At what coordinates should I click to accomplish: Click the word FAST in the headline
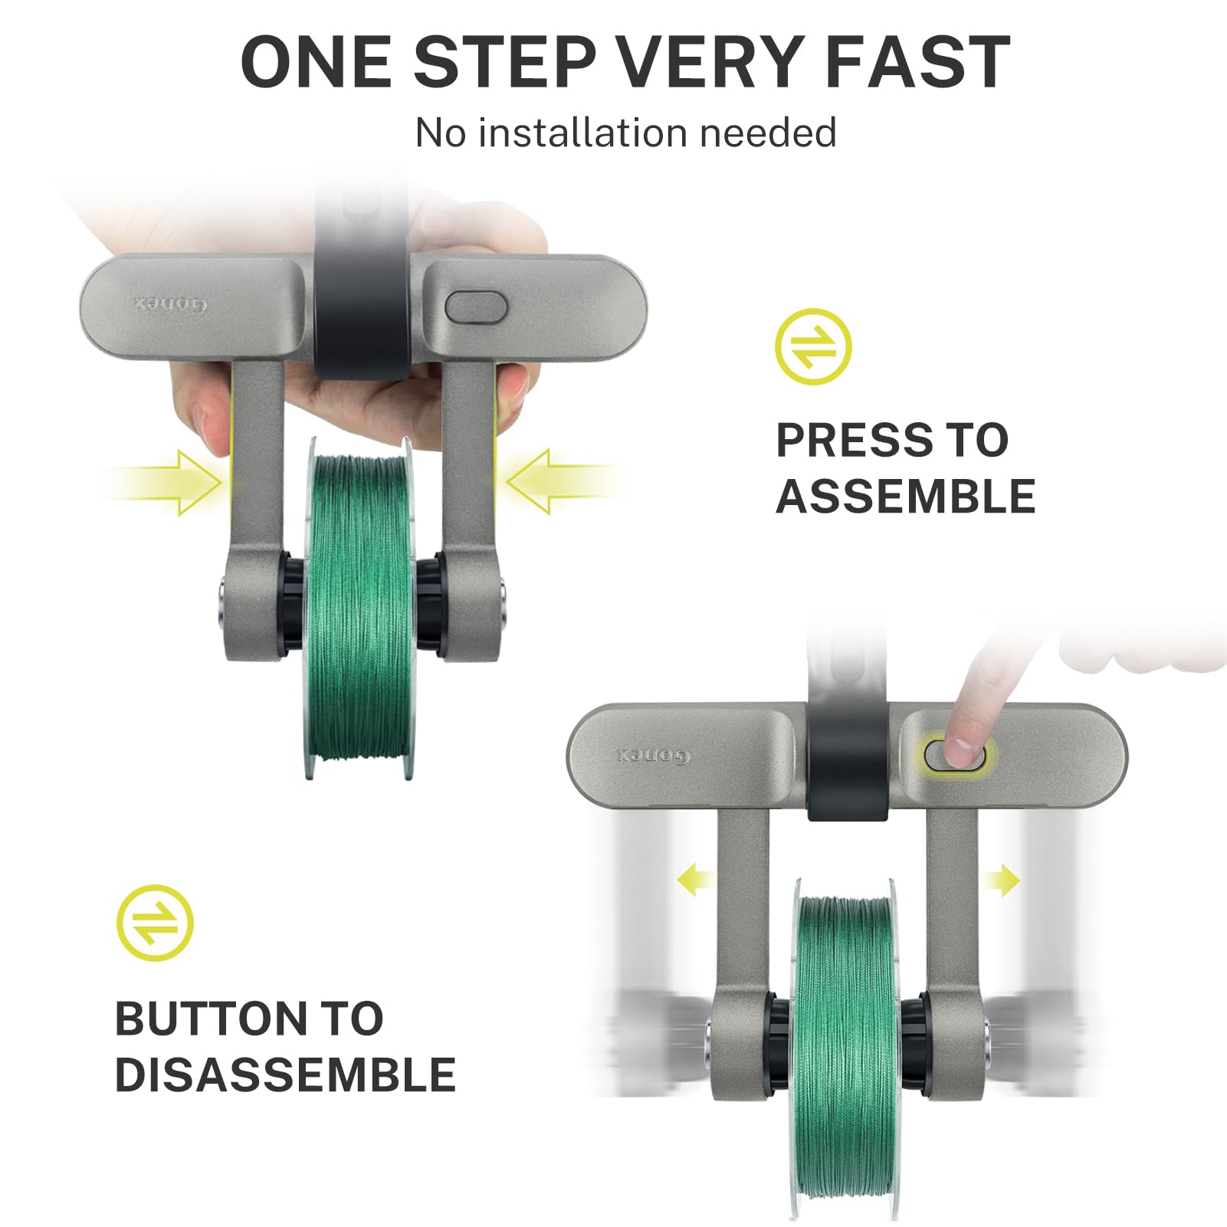click(917, 62)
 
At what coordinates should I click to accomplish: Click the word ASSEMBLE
click(906, 496)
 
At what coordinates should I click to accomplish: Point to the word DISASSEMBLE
click(285, 1074)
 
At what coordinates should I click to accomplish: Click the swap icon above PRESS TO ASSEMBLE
click(813, 346)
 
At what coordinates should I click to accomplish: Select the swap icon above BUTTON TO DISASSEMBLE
click(155, 924)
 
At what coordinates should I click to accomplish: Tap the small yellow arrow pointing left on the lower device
click(696, 878)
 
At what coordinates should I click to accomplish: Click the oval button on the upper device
click(476, 308)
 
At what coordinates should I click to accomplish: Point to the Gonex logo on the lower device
click(654, 756)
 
